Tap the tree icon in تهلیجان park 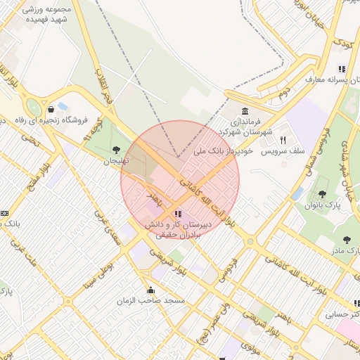[115, 149]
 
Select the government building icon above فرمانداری [244, 112]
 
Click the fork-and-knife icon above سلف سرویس [283, 139]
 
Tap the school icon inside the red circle [178, 213]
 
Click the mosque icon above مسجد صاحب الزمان [150, 290]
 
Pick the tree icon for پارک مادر [347, 240]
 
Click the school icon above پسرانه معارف [342, 69]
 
